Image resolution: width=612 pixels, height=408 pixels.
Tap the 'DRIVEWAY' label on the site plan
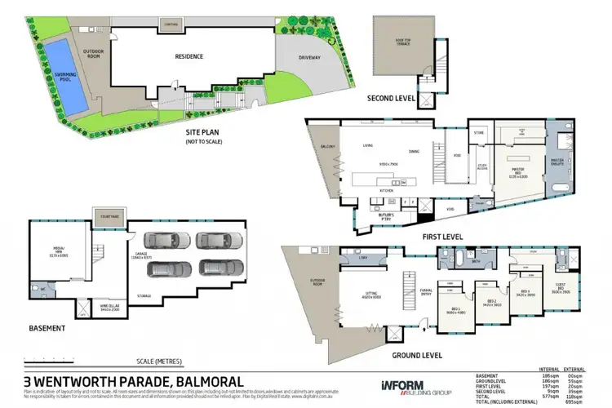tap(303, 58)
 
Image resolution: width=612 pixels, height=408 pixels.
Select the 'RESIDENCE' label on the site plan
tap(188, 57)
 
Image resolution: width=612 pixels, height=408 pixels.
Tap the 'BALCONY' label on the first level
tap(329, 147)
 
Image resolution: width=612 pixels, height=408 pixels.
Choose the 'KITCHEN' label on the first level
tap(386, 189)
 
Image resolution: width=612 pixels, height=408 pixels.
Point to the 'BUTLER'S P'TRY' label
tap(387, 208)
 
